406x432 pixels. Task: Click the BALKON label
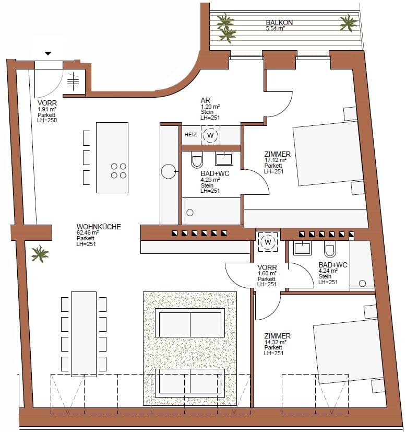click(x=279, y=22)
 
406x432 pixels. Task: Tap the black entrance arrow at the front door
click(x=48, y=53)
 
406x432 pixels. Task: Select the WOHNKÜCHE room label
click(x=99, y=227)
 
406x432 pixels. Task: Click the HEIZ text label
click(x=190, y=135)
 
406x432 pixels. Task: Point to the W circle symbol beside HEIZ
click(x=211, y=135)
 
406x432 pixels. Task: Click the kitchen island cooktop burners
click(x=118, y=171)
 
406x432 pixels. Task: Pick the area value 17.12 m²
click(x=275, y=160)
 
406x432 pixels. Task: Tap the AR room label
click(x=205, y=100)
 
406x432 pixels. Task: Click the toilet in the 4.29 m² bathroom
click(x=197, y=160)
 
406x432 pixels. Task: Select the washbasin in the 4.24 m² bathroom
click(x=303, y=248)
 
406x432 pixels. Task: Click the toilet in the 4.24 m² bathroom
click(x=330, y=249)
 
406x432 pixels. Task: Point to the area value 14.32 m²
click(x=275, y=342)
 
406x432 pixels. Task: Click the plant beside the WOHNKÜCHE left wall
click(x=40, y=254)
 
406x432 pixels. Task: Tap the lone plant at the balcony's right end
click(x=349, y=23)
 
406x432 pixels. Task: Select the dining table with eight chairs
click(x=83, y=334)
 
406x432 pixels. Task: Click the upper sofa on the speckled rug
click(x=190, y=323)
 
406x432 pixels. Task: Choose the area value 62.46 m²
click(x=88, y=232)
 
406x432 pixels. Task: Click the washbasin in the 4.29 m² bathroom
click(x=224, y=159)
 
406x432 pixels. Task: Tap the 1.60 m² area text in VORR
click(x=267, y=273)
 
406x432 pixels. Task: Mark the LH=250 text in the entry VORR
click(x=47, y=120)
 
